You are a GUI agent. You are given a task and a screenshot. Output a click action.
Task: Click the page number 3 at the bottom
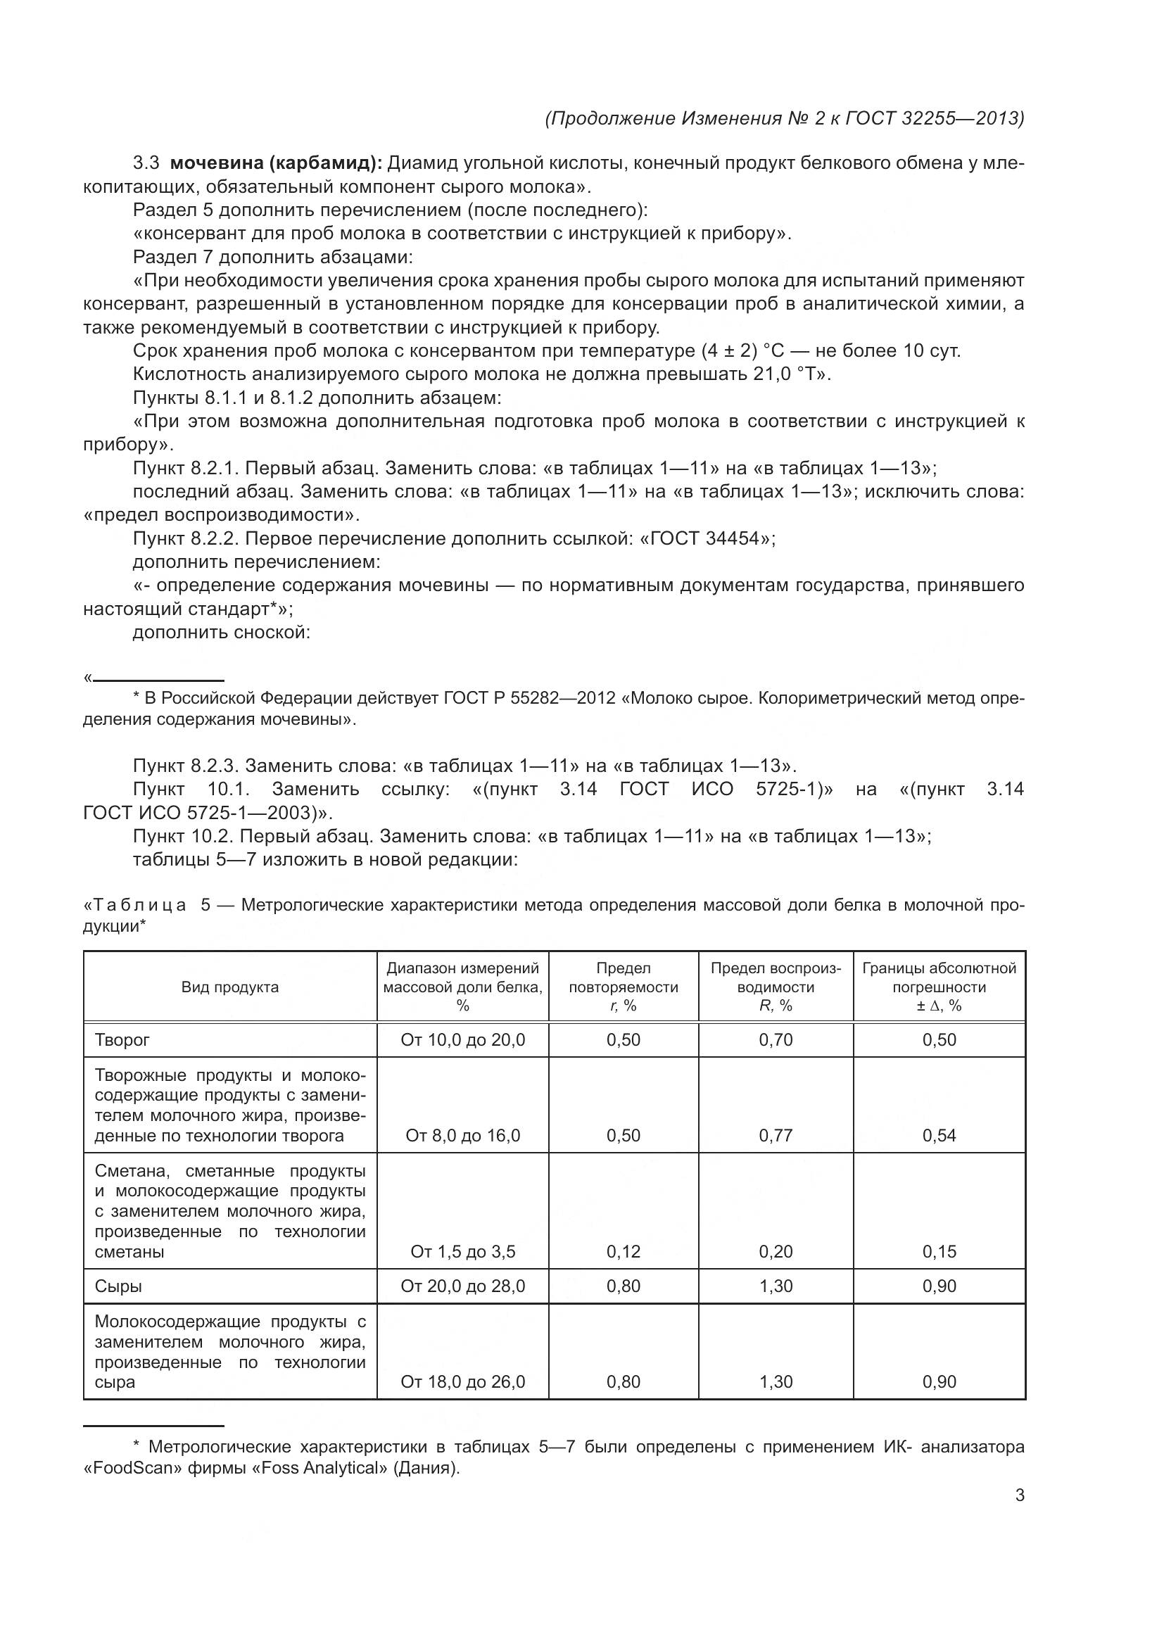1019,1495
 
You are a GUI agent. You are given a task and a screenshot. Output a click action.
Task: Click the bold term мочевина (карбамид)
276,163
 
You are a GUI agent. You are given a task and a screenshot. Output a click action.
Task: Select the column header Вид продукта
230,987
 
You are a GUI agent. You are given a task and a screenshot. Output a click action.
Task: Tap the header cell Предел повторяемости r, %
623,987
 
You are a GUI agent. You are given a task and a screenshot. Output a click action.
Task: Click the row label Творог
122,1039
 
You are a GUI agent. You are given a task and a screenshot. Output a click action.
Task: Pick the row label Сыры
119,1286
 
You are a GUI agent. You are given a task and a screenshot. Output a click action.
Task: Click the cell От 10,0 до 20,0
462,1039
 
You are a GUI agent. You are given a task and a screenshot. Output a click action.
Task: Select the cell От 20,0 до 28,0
462,1286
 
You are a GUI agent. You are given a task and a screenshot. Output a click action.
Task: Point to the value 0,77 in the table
776,1135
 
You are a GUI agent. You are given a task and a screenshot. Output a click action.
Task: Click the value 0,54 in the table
939,1135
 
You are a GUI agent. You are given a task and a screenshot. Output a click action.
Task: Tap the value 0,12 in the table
623,1251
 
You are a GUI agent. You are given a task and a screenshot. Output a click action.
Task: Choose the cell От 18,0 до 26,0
462,1381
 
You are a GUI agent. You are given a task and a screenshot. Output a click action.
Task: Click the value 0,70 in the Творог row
776,1039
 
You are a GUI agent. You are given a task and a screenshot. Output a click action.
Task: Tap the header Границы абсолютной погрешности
939,978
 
